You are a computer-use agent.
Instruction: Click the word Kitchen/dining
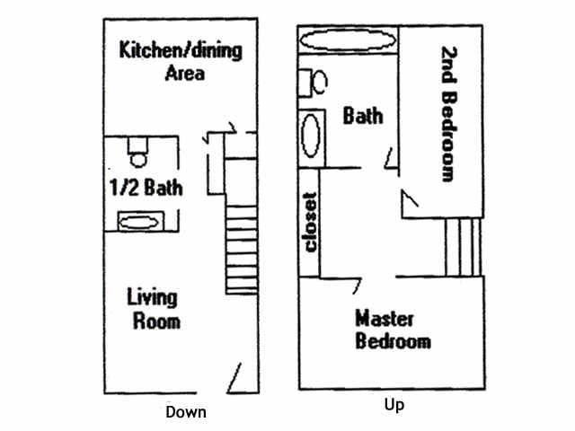(x=181, y=49)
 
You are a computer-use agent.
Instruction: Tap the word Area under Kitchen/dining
(x=184, y=73)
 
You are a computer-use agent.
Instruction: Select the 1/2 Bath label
(x=145, y=189)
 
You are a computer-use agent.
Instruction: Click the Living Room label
(x=152, y=308)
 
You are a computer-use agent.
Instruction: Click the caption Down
(x=185, y=413)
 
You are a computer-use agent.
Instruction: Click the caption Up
(x=394, y=405)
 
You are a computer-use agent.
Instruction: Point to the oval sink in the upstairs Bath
(x=311, y=136)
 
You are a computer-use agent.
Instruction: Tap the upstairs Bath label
(x=363, y=115)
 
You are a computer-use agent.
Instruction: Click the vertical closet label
(x=311, y=222)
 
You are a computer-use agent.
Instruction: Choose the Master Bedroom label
(x=393, y=330)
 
